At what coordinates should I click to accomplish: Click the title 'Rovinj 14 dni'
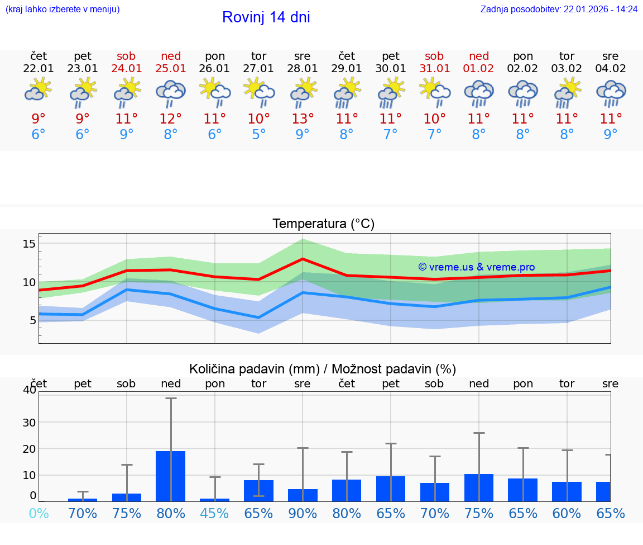pos(266,17)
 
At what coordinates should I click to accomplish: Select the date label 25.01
pos(171,69)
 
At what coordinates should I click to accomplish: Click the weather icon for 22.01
pos(39,90)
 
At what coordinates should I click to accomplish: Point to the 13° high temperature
pos(303,119)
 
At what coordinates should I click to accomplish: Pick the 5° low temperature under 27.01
pos(258,134)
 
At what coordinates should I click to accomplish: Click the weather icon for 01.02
pos(479,92)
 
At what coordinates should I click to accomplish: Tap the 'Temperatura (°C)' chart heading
pos(323,224)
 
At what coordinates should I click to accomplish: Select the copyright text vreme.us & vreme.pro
pos(476,267)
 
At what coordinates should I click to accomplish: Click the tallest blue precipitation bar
pos(170,476)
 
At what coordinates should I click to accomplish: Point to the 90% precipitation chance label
pos(303,513)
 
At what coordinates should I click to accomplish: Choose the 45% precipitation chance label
pos(214,513)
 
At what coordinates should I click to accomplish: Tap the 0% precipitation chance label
pos(39,513)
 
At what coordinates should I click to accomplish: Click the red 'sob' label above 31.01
pos(434,56)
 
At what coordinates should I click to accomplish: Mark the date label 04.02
pos(611,69)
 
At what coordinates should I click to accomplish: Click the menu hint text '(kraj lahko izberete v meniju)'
pos(63,10)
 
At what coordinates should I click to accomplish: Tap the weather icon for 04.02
pos(611,92)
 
